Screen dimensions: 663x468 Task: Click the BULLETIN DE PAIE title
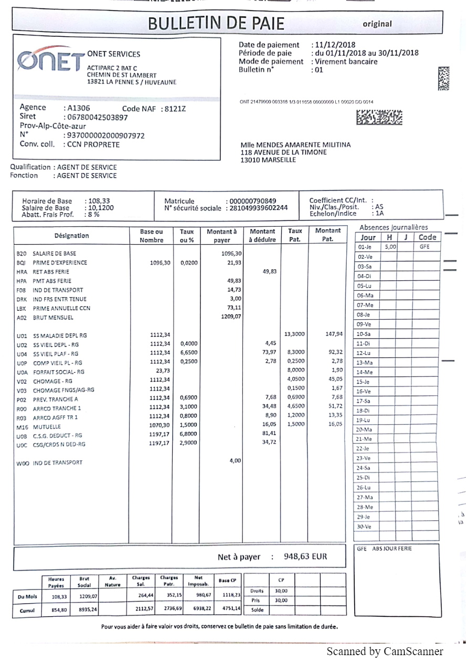216,24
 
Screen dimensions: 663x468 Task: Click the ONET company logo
50,62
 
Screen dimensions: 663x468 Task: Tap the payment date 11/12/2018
333,45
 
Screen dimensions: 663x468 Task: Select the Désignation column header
71,236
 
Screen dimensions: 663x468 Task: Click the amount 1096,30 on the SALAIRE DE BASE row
230,253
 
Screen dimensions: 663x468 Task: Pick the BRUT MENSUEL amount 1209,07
230,317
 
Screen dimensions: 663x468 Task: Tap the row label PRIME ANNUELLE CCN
61,308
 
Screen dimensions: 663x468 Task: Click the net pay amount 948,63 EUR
305,556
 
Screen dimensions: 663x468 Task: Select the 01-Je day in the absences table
365,247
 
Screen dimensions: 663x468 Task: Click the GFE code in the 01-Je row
425,247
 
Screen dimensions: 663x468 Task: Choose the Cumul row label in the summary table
27,611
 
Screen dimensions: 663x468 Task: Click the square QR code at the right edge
443,79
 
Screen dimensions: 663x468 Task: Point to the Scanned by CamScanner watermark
385,651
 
